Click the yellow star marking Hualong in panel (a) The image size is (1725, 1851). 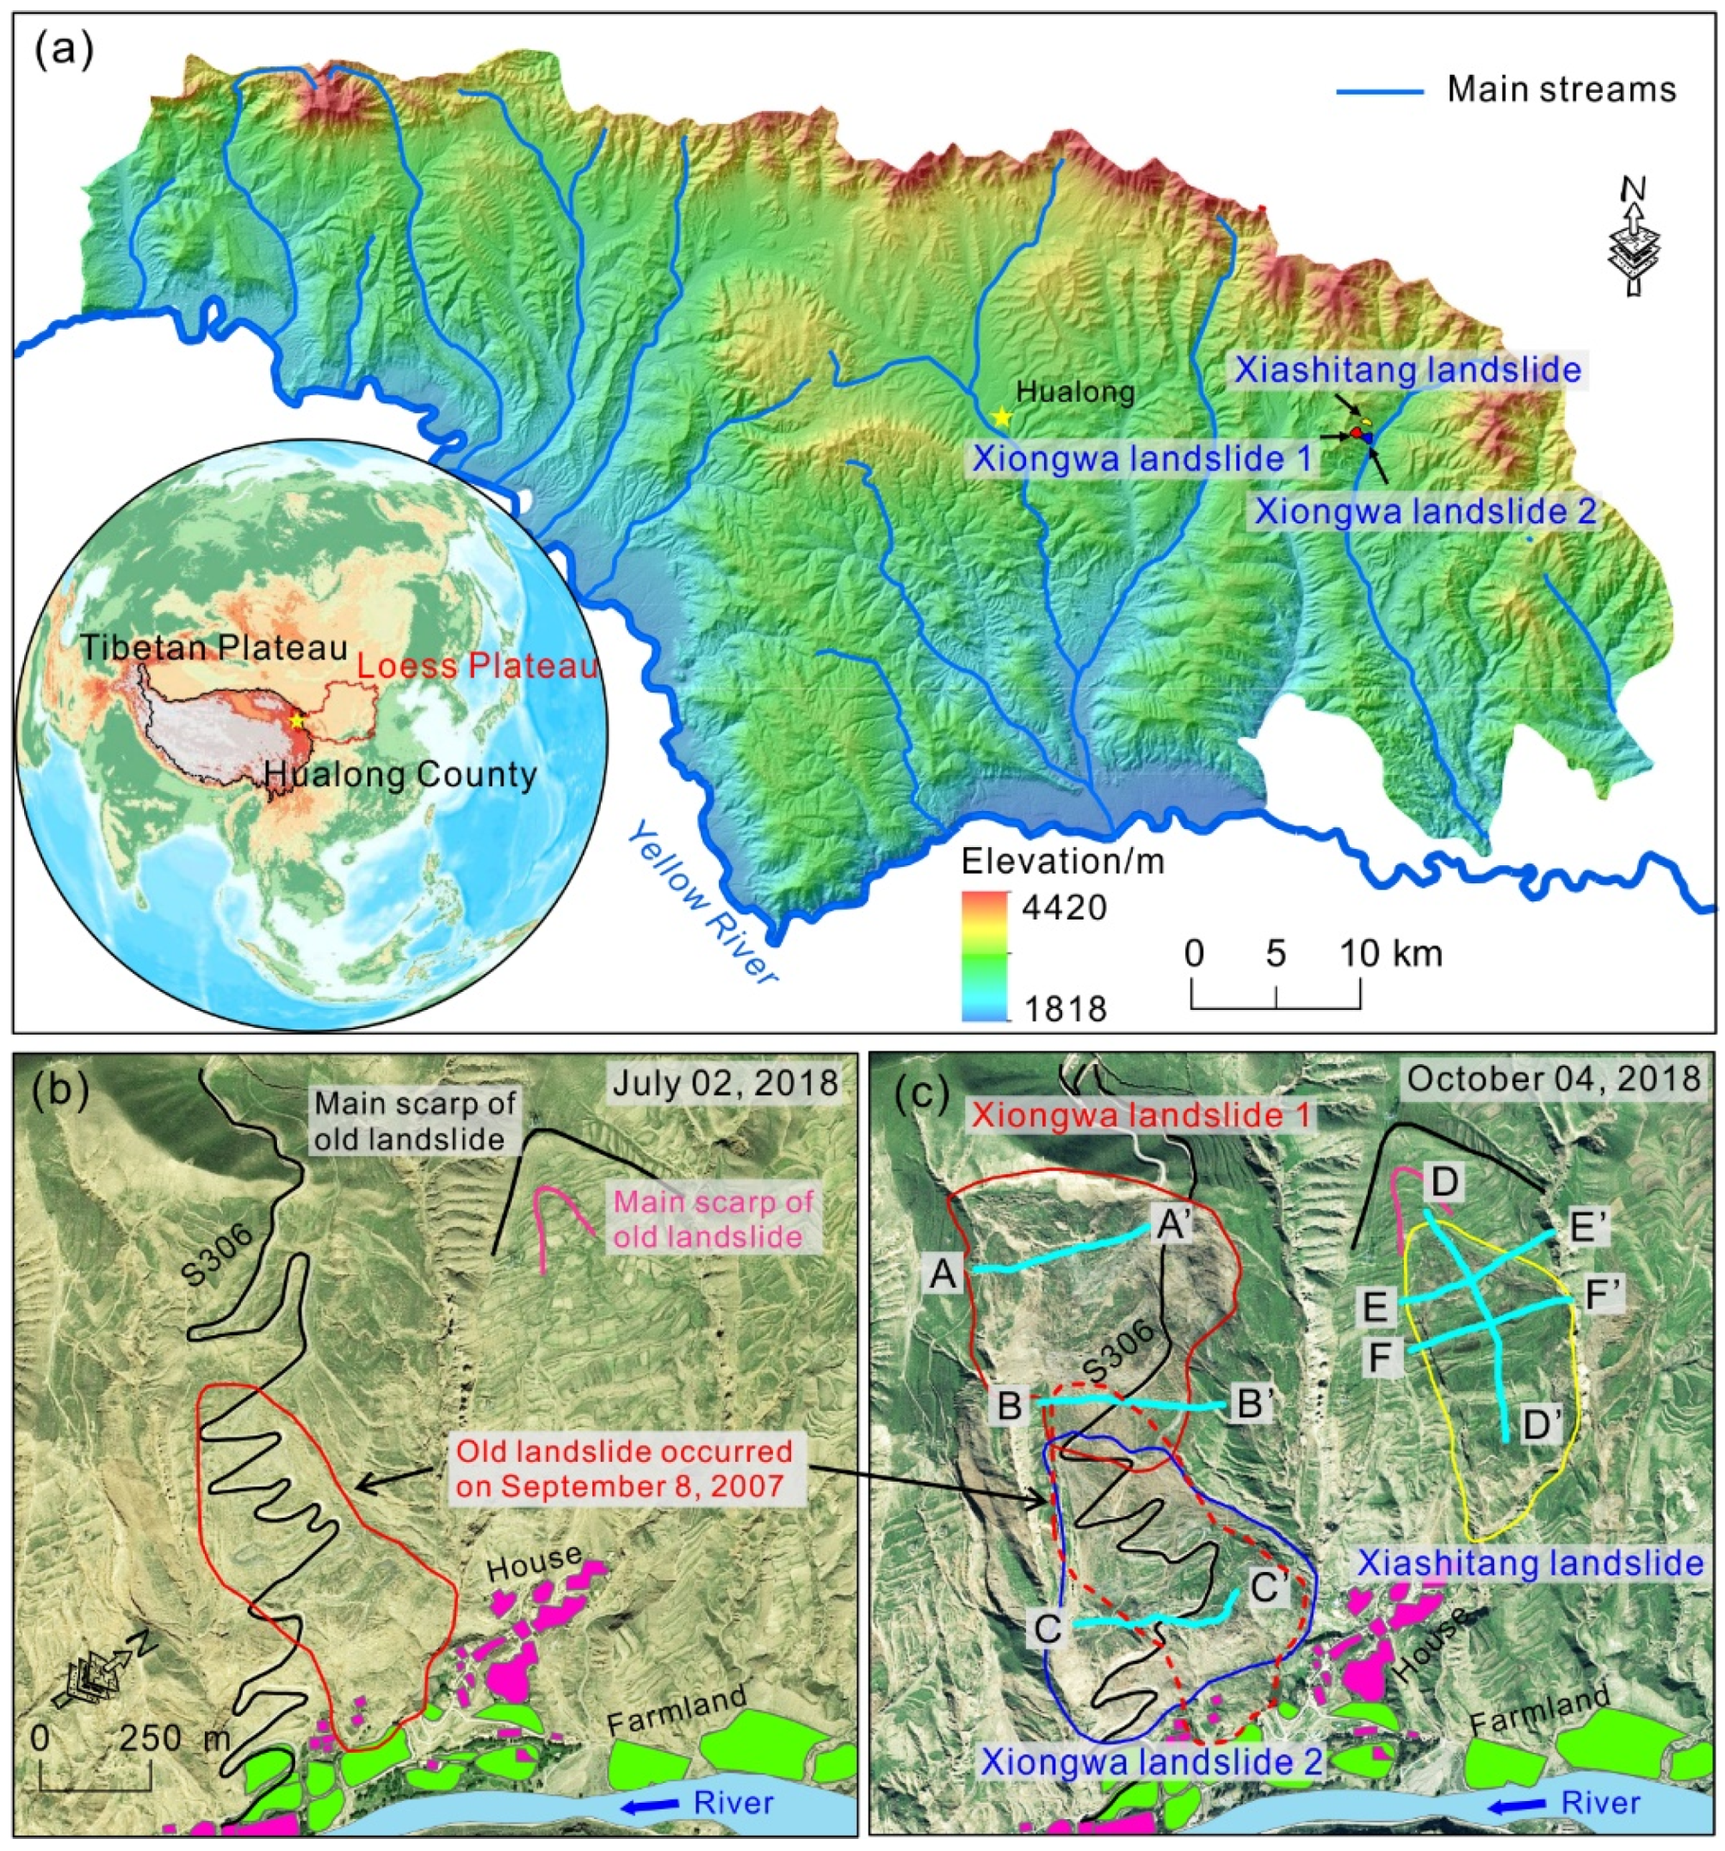click(x=1002, y=418)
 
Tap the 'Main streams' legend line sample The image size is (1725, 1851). click(x=1380, y=91)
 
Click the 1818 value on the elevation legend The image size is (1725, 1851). click(x=1063, y=1008)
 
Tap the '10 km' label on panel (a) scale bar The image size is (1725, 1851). click(x=1391, y=952)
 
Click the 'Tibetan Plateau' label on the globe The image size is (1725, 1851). click(x=214, y=648)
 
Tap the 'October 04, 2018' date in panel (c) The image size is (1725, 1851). click(x=1554, y=1078)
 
